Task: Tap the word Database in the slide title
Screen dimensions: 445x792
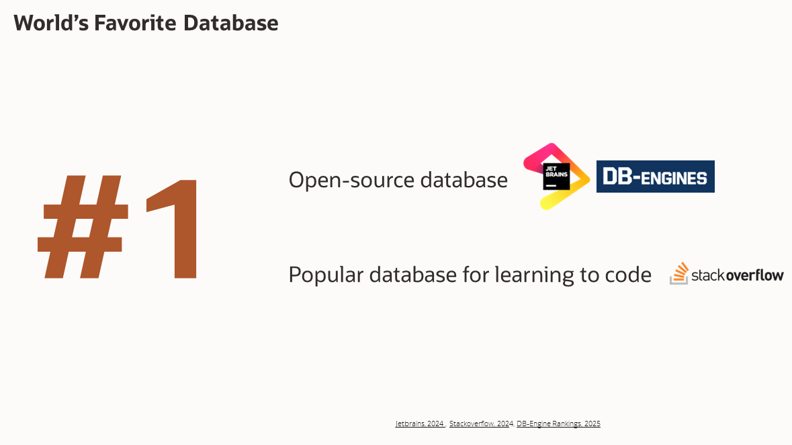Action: tap(231, 23)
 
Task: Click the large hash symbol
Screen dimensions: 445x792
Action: tap(83, 228)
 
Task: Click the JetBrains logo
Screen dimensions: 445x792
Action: tap(556, 177)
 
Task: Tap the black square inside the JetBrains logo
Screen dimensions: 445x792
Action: tap(556, 177)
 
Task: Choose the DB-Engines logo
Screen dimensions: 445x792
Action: tap(655, 177)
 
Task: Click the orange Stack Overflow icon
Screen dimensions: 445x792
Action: tap(679, 273)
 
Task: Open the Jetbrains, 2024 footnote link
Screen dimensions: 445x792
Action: tap(420, 424)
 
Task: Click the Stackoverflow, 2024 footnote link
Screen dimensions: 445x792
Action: tap(481, 424)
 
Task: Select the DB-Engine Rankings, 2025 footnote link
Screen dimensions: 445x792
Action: tap(558, 424)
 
